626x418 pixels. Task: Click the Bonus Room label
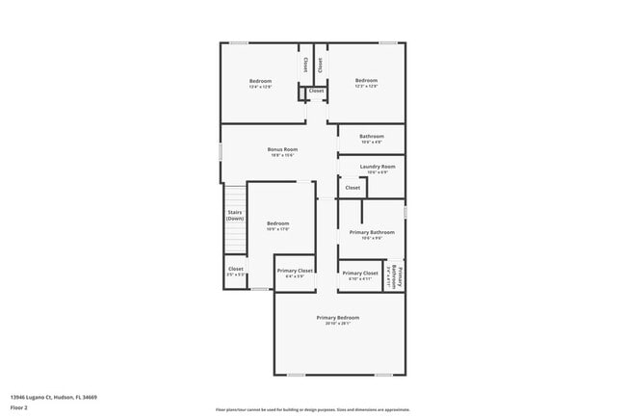(282, 149)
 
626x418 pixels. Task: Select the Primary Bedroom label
(338, 317)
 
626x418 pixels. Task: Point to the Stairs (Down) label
(235, 216)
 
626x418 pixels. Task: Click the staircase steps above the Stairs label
(235, 194)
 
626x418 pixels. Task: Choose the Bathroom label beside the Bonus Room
(372, 137)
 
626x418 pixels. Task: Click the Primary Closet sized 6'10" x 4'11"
(359, 275)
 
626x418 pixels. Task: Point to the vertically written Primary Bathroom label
(395, 275)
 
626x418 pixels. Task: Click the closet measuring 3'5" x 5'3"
(236, 272)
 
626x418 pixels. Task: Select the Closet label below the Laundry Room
(352, 188)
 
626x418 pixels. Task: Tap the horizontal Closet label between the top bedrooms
(317, 91)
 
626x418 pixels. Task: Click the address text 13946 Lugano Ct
(54, 397)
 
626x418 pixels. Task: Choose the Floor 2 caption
(20, 407)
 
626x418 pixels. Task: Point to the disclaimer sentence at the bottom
(312, 409)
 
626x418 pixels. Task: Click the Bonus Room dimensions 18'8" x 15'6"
(282, 155)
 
